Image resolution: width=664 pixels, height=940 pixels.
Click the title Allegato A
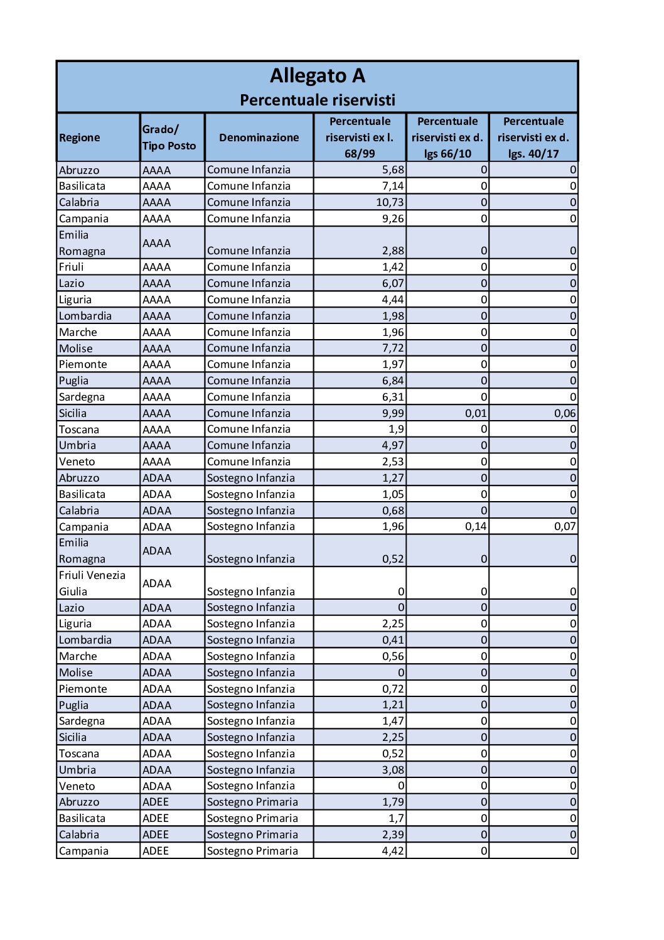click(317, 76)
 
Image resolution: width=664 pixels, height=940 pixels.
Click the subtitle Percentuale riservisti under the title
click(317, 100)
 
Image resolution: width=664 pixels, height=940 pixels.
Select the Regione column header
click(80, 138)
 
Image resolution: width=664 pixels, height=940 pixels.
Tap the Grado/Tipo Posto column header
click(169, 138)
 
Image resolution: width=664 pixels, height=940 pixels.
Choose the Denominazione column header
click(259, 138)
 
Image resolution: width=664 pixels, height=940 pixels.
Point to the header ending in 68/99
click(360, 138)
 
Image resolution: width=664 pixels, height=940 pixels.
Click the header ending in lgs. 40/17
click(533, 138)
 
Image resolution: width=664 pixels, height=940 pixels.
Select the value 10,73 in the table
click(390, 202)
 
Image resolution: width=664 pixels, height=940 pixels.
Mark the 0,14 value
click(475, 526)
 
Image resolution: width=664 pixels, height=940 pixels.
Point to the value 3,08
click(393, 770)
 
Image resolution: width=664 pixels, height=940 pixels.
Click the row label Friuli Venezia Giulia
click(92, 583)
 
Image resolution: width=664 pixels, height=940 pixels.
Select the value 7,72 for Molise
click(393, 348)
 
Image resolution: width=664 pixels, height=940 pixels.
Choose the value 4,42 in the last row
click(393, 851)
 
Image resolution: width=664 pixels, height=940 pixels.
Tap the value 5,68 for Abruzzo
click(393, 170)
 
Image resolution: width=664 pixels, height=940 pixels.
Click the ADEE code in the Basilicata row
click(156, 818)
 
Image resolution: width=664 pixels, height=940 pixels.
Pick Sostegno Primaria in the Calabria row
click(252, 835)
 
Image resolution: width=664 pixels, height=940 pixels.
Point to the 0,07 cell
click(564, 526)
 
